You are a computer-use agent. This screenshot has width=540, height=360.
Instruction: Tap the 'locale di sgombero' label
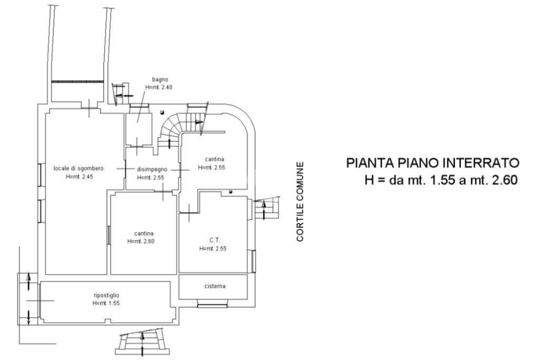(79, 169)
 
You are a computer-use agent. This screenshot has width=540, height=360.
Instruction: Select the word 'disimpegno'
(152, 170)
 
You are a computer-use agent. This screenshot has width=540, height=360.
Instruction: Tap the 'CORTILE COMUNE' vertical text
(300, 202)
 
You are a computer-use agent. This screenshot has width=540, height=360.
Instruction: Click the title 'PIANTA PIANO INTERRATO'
(433, 163)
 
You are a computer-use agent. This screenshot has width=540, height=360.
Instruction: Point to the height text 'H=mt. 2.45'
(80, 177)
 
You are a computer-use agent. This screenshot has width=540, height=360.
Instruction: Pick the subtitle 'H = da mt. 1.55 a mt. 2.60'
(441, 180)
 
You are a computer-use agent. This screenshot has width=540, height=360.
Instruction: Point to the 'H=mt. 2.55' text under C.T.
(213, 249)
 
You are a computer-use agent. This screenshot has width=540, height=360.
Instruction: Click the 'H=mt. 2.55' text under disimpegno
(150, 178)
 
